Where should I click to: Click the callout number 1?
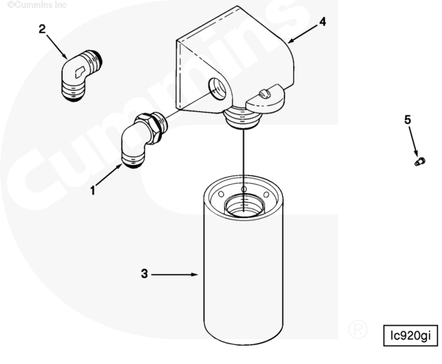pyautogui.click(x=93, y=191)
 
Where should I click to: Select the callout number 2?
pyautogui.click(x=42, y=29)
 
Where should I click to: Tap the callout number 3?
pyautogui.click(x=144, y=273)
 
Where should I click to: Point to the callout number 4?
pyautogui.click(x=323, y=21)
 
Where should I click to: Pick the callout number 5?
pyautogui.click(x=407, y=120)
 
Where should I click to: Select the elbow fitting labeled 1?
pyautogui.click(x=144, y=139)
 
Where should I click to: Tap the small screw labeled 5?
pyautogui.click(x=420, y=162)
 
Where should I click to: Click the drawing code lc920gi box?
pyautogui.click(x=411, y=335)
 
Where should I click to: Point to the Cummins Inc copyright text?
pyautogui.click(x=37, y=5)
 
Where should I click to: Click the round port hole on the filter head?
pyautogui.click(x=219, y=88)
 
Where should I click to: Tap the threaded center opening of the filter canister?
pyautogui.click(x=244, y=205)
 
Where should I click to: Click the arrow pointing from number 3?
pyautogui.click(x=175, y=274)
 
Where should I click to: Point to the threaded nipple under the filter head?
pyautogui.click(x=242, y=118)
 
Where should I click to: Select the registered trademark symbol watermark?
pyautogui.click(x=358, y=329)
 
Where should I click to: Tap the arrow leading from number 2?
pyautogui.click(x=57, y=47)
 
